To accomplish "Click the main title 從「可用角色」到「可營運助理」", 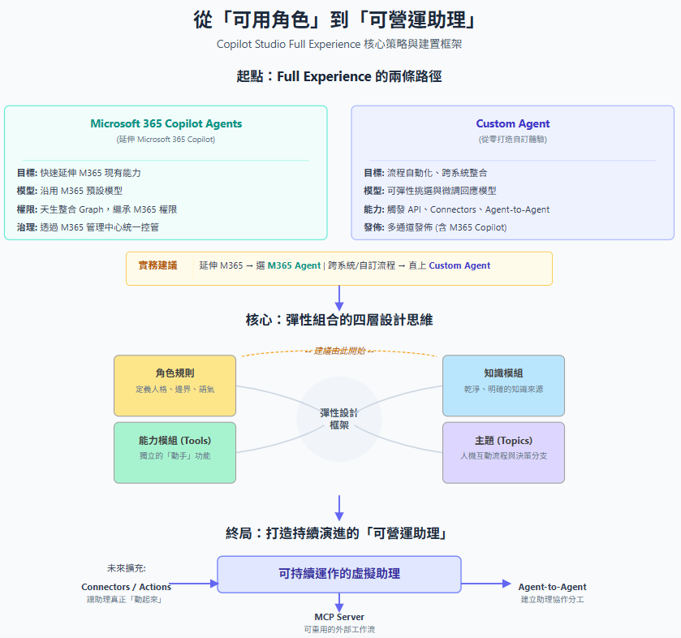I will point(340,19).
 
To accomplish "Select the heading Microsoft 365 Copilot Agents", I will point(166,124).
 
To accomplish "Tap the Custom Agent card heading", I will point(512,124).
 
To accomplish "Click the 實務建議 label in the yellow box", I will point(157,265).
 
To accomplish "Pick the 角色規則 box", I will point(175,380).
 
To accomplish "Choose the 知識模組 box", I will point(503,380).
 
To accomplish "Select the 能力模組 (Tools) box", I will point(175,447).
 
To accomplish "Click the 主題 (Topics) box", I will point(503,447).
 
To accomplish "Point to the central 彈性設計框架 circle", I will point(339,418).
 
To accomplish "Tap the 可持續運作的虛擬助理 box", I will point(339,573).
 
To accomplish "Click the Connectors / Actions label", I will point(126,587).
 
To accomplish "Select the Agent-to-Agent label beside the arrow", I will point(552,587).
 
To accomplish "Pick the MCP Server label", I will point(339,617).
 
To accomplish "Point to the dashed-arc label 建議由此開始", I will point(339,351).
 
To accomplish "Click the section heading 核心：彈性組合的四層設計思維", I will point(339,320).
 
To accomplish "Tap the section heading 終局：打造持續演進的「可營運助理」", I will point(339,533).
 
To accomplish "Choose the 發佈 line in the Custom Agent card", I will point(435,227).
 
